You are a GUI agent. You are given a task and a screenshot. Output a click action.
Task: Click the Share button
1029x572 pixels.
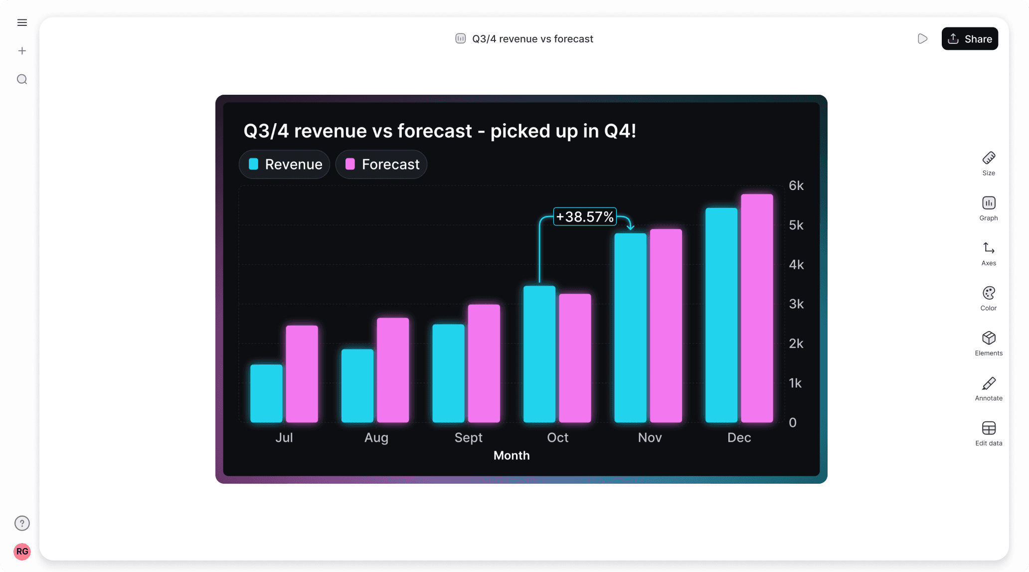click(x=969, y=39)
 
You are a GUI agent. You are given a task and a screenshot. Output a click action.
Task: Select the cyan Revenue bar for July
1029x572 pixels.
click(x=266, y=393)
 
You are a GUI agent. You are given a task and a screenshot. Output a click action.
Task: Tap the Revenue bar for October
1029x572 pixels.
click(x=539, y=354)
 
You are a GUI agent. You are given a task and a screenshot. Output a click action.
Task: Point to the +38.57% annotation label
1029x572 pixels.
click(x=585, y=217)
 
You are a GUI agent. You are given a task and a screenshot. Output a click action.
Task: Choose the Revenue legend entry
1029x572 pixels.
click(x=285, y=165)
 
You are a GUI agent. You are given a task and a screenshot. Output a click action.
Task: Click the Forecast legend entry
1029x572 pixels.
click(x=381, y=165)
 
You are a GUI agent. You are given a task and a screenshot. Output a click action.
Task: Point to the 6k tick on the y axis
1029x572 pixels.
click(x=796, y=186)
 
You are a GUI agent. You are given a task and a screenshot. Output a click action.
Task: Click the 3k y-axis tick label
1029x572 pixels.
click(x=796, y=304)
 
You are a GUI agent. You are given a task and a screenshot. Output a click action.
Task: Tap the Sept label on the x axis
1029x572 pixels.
click(x=468, y=437)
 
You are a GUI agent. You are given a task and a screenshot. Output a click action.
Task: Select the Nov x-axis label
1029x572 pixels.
click(x=650, y=437)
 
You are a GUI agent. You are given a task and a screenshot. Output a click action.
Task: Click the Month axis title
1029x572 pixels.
click(x=512, y=455)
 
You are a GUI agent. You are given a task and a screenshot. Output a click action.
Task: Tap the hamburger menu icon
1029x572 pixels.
click(x=22, y=22)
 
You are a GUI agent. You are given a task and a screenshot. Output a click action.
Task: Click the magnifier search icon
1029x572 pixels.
click(x=22, y=79)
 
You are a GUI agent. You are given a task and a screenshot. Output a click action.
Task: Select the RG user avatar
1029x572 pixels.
click(x=22, y=552)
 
